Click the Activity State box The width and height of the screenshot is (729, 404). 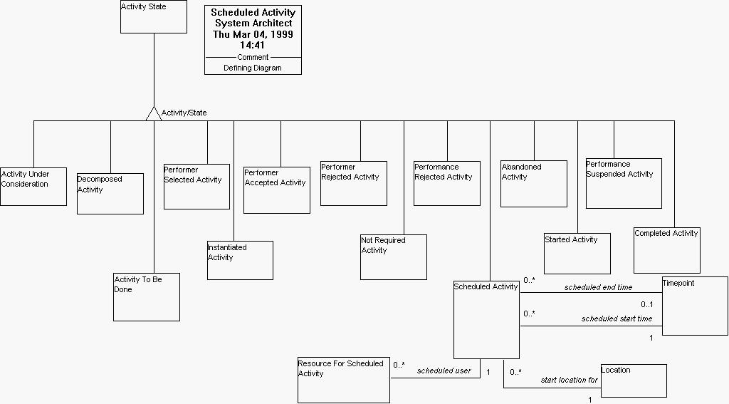[x=153, y=16]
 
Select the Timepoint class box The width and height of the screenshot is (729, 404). [x=695, y=306]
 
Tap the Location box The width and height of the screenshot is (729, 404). [x=634, y=380]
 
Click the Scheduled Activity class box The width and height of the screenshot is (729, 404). [x=486, y=320]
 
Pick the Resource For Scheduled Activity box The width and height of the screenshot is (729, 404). [x=344, y=380]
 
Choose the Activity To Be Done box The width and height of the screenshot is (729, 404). [x=147, y=296]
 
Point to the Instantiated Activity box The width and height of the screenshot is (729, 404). [x=240, y=260]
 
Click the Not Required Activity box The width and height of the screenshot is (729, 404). [x=393, y=257]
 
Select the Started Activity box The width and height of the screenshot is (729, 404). [x=577, y=254]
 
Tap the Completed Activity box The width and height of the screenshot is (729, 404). [x=667, y=250]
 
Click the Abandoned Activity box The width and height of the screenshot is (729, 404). [x=533, y=183]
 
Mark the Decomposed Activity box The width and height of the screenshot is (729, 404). [x=110, y=193]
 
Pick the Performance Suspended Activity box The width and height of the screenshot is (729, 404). [x=624, y=183]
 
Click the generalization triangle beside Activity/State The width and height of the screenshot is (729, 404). [x=154, y=113]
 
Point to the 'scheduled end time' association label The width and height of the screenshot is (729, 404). [x=598, y=287]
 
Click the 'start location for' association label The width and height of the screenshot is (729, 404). [x=569, y=380]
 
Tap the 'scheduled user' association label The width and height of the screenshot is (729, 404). [x=444, y=371]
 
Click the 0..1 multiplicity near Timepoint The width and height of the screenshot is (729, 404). [x=646, y=304]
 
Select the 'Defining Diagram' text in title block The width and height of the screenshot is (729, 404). [x=253, y=68]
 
